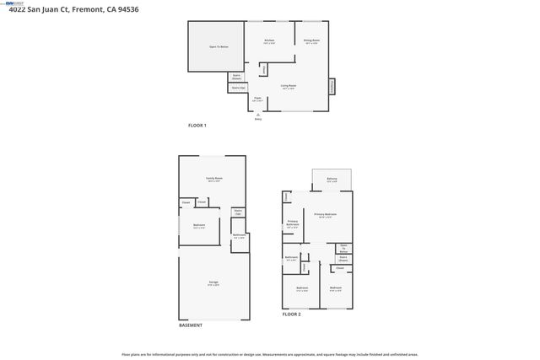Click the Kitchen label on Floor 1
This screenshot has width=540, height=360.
tap(269, 40)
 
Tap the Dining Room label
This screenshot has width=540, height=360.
tap(311, 40)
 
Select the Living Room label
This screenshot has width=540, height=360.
tap(288, 86)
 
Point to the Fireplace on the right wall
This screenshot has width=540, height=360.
tap(332, 86)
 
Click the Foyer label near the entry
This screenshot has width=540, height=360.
tap(257, 99)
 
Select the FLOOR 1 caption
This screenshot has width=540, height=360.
tap(197, 126)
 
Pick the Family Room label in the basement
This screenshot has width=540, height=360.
tap(213, 179)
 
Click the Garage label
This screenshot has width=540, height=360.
tap(213, 282)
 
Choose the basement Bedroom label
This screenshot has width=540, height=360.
tap(199, 225)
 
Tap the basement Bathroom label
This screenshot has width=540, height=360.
tap(239, 236)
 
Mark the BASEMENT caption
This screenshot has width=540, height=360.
tap(190, 325)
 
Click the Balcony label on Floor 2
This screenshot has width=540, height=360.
tap(332, 179)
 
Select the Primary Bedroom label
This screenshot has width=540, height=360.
tap(326, 216)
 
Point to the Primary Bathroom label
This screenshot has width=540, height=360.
tap(293, 224)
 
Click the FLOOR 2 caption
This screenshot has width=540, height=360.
tap(291, 314)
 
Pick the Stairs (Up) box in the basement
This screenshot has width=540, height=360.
tap(239, 212)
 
